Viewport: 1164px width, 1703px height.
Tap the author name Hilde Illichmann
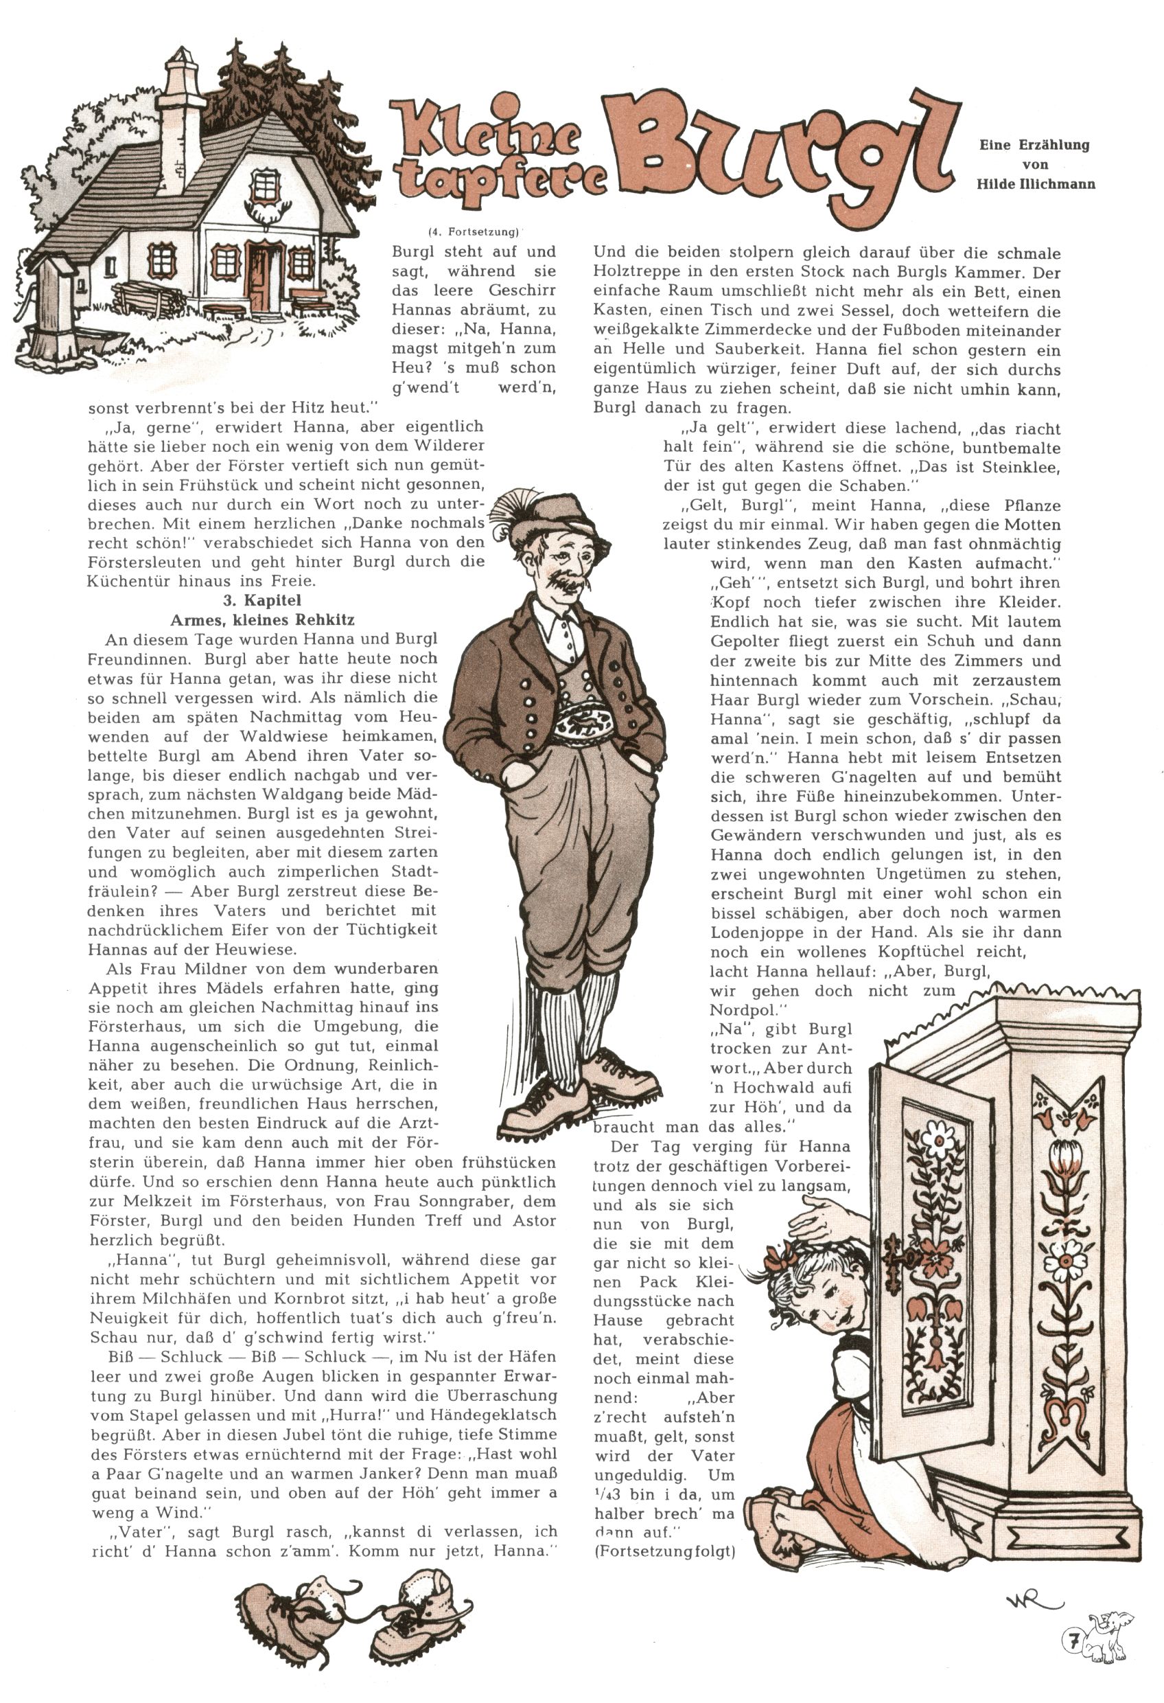pos(1035,184)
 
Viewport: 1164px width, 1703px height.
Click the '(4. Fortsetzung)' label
pos(474,232)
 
